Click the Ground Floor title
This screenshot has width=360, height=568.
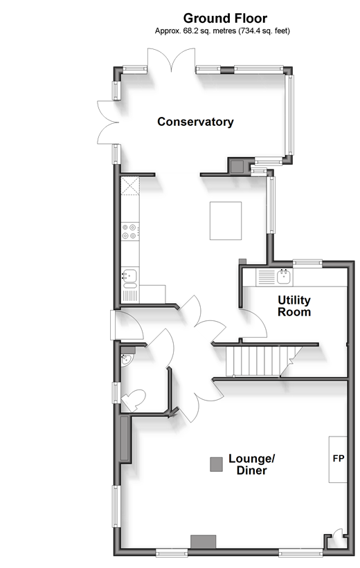click(225, 18)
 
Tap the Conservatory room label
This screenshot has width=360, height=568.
click(195, 122)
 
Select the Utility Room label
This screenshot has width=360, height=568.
click(294, 306)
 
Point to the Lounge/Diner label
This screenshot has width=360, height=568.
click(251, 464)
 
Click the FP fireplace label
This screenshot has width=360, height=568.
click(339, 459)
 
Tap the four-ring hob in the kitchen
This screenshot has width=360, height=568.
click(129, 232)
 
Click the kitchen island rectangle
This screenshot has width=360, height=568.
click(226, 221)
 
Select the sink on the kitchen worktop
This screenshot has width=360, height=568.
click(129, 275)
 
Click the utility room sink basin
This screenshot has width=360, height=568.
click(285, 277)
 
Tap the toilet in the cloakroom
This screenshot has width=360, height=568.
click(133, 400)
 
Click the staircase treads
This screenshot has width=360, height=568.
click(258, 361)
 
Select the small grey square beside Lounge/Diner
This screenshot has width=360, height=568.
click(217, 464)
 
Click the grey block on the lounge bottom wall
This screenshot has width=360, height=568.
click(204, 542)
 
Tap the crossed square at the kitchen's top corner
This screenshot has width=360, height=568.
click(130, 186)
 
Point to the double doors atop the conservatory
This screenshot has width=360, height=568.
click(171, 60)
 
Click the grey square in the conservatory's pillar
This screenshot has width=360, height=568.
click(237, 167)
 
